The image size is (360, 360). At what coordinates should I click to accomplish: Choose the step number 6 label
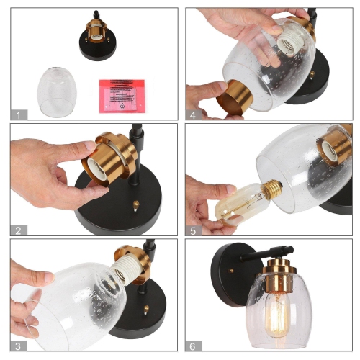click(x=192, y=346)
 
